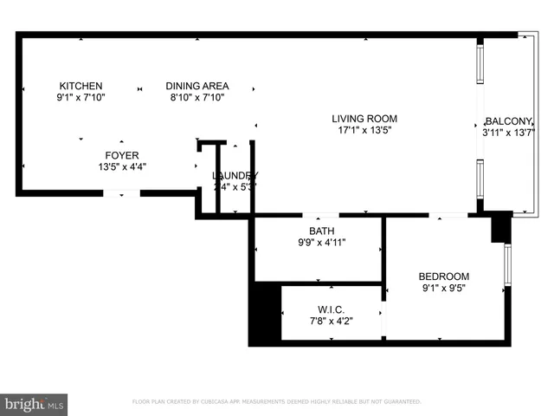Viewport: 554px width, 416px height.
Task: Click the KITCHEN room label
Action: tap(81, 86)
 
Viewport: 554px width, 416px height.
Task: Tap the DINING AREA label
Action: tap(197, 86)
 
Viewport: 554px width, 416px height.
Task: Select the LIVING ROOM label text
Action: tap(364, 119)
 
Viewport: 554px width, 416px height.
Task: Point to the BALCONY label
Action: tap(509, 120)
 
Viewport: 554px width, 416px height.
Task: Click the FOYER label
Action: tap(121, 155)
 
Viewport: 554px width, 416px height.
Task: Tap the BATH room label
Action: tap(321, 231)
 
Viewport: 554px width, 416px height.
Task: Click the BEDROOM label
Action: tap(445, 276)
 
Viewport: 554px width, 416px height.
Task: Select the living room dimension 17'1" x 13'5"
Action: tap(364, 132)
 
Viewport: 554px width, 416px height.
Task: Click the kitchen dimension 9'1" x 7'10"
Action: tap(81, 98)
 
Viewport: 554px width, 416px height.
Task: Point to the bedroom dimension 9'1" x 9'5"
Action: tap(445, 289)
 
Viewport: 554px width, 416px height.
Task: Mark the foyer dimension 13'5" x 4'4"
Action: tap(121, 167)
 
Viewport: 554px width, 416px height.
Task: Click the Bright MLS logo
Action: tap(35, 404)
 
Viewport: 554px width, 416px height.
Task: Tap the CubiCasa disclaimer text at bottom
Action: tap(276, 402)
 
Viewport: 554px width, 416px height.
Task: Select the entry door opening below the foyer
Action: tap(121, 193)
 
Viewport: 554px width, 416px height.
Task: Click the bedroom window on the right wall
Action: tap(507, 264)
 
